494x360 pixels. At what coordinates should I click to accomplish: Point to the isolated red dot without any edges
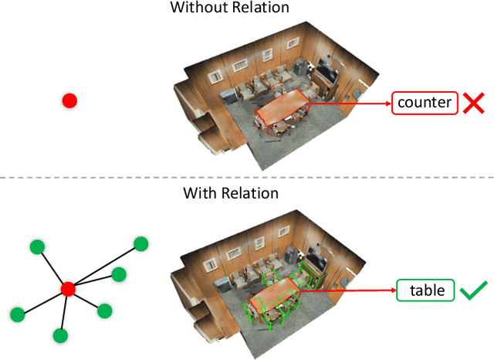click(69, 100)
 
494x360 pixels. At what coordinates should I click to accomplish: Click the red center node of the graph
click(67, 289)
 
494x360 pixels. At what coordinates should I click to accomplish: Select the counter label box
click(425, 103)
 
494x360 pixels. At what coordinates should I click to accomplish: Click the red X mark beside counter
click(472, 103)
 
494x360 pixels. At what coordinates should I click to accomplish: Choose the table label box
click(426, 290)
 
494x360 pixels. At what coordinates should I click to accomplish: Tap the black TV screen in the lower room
click(316, 256)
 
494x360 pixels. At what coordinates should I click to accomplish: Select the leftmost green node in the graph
click(16, 314)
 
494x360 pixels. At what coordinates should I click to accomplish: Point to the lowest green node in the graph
click(60, 335)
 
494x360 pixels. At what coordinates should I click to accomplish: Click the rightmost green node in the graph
click(140, 244)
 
